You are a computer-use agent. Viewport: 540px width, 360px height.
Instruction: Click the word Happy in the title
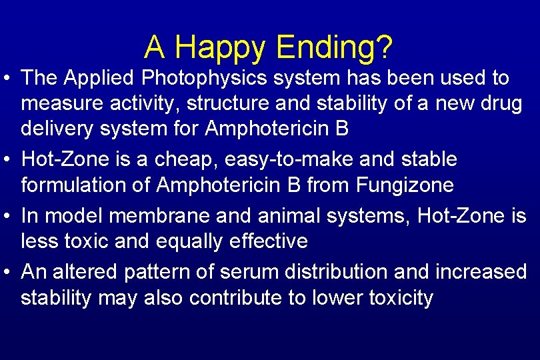point(221,47)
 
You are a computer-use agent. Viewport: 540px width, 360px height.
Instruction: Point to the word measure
point(58,105)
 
